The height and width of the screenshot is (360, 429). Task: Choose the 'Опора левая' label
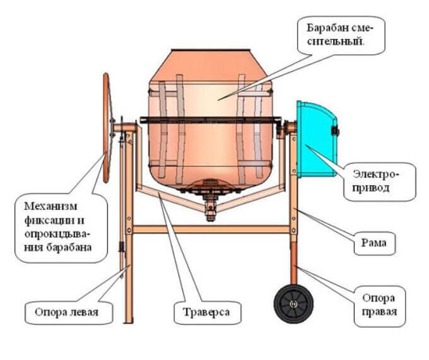click(62, 311)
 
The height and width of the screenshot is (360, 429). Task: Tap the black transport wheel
click(293, 304)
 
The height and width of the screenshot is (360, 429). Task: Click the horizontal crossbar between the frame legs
click(211, 229)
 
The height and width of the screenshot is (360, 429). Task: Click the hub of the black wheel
click(293, 305)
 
